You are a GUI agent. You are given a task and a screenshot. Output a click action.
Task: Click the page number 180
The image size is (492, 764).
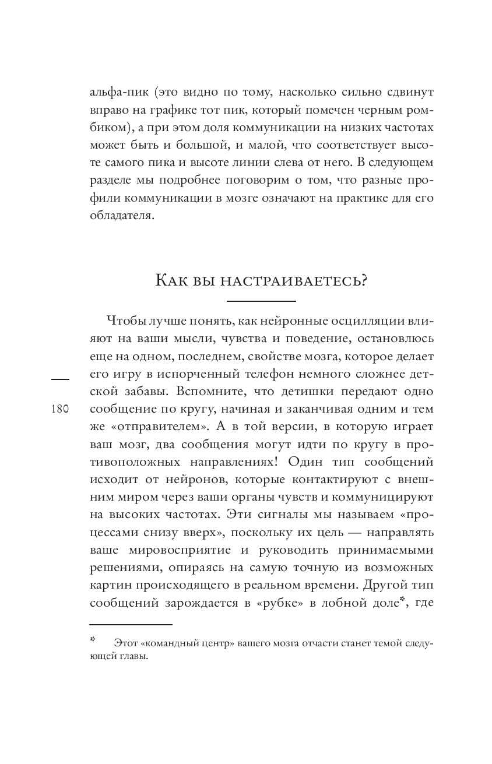[x=60, y=409]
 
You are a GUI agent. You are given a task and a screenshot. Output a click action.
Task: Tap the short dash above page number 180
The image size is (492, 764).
[x=60, y=379]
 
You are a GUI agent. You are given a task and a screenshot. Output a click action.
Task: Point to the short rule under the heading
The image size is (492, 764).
[x=261, y=301]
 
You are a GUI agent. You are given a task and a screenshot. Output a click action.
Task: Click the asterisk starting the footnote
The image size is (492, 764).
[x=93, y=640]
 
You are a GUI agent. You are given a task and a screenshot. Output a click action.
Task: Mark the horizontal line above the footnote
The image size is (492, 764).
[x=131, y=625]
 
